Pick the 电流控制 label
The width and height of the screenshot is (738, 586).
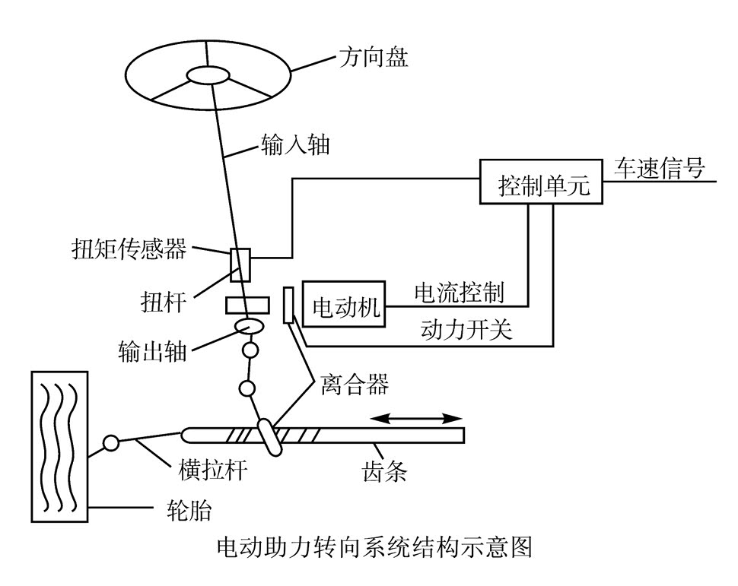458,293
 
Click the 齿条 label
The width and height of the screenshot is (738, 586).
384,471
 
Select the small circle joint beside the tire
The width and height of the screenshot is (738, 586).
111,442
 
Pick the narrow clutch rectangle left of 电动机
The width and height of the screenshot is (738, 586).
289,306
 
